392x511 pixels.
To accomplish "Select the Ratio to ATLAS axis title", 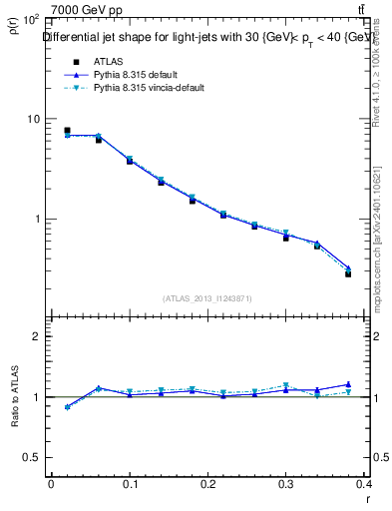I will (14, 397).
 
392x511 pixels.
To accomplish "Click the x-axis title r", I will (368, 499).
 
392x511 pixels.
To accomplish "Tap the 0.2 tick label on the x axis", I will (207, 483).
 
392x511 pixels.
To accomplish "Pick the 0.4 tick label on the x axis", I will (365, 483).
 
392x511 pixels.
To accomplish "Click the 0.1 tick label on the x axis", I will (130, 483).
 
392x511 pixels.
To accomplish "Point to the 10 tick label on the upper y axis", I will (33, 119).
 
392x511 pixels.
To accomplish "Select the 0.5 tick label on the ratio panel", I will (32, 457).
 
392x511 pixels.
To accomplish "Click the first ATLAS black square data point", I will (67, 131).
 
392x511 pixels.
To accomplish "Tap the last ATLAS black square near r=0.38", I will (348, 273).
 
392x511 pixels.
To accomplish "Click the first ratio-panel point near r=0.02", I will (67, 407).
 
